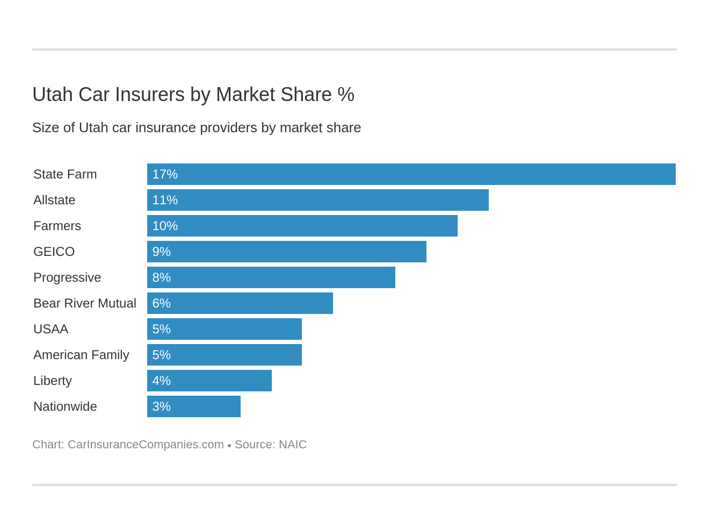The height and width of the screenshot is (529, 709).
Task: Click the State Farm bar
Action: click(411, 174)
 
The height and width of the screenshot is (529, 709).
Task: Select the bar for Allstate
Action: click(317, 200)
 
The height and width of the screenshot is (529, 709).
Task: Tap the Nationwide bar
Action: click(193, 406)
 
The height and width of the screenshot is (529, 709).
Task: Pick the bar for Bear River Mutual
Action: click(240, 303)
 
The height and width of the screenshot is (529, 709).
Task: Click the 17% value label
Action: click(165, 174)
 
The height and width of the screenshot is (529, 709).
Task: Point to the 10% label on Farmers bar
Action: click(165, 226)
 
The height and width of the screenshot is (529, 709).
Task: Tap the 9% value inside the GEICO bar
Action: click(161, 252)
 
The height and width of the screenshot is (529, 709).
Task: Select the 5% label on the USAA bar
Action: click(161, 329)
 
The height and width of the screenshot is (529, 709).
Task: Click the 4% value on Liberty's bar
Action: click(161, 381)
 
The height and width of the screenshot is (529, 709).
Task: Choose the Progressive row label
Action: click(67, 277)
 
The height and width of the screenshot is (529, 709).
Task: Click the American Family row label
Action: click(81, 355)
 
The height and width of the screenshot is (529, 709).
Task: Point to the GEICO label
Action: click(54, 252)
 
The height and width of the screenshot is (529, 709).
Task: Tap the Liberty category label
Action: click(53, 381)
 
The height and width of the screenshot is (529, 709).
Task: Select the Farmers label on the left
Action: click(57, 226)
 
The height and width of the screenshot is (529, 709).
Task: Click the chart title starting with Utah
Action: click(193, 95)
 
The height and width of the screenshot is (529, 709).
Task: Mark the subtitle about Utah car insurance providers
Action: click(197, 127)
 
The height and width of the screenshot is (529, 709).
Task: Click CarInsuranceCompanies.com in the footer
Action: click(146, 445)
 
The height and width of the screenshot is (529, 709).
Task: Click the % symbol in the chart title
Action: click(346, 95)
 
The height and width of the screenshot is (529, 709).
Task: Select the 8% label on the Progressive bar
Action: click(161, 277)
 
